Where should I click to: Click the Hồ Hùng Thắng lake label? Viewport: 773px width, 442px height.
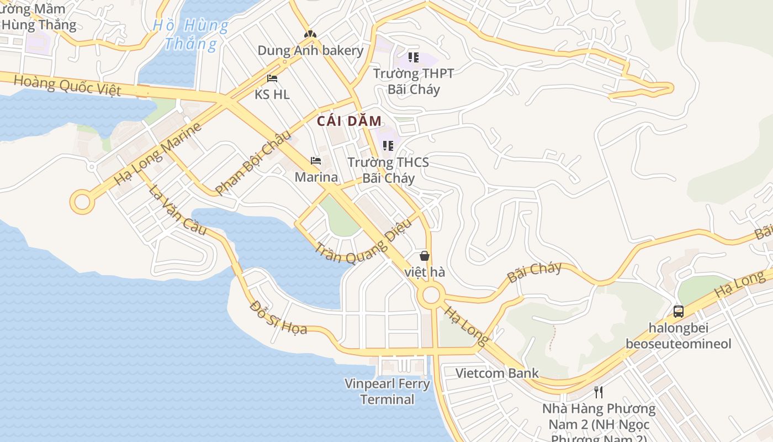pos(190,34)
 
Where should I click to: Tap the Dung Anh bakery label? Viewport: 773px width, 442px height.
pos(310,51)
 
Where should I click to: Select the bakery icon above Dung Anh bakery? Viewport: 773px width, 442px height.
pos(310,34)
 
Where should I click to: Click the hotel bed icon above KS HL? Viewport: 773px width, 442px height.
pos(272,78)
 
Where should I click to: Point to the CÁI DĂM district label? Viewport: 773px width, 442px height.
pos(350,122)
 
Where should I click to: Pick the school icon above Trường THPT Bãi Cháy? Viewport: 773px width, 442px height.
pos(414,57)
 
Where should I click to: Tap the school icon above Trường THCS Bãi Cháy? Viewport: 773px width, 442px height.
pos(388,146)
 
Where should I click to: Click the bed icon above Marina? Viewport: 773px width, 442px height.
pos(316,161)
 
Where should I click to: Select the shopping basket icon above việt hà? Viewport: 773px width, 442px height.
pos(425,256)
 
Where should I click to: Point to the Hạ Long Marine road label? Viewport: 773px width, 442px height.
pos(158,154)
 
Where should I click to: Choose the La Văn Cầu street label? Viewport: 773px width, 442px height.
pos(177,209)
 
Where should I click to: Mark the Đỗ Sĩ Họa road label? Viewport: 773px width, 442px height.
pos(278,317)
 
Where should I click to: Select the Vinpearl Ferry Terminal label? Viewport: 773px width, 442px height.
pos(387,391)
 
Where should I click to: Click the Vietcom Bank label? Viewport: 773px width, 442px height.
pos(497,373)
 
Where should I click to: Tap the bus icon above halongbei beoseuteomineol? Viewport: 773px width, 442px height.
pos(679,311)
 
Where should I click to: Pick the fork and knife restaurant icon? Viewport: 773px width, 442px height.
pos(599,392)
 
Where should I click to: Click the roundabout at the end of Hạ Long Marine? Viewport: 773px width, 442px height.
pos(82,202)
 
